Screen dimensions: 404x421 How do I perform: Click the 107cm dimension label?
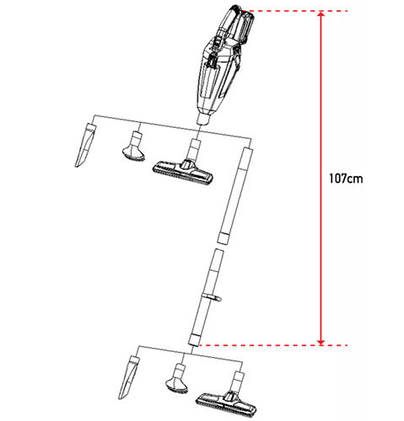[346, 179]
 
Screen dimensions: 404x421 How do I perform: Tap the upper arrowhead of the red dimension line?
[321, 13]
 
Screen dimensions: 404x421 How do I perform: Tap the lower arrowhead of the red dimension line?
[321, 343]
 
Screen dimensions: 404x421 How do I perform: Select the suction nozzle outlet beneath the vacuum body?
[203, 119]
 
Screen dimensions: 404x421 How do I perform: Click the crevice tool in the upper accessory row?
[86, 145]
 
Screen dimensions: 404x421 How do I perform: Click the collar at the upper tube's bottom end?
[224, 237]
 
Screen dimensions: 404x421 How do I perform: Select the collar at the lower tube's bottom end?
[194, 340]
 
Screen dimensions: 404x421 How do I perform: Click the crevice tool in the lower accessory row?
[129, 377]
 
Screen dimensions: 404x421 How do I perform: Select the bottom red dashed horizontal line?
[272, 345]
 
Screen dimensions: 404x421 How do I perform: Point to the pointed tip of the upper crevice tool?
[76, 167]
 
